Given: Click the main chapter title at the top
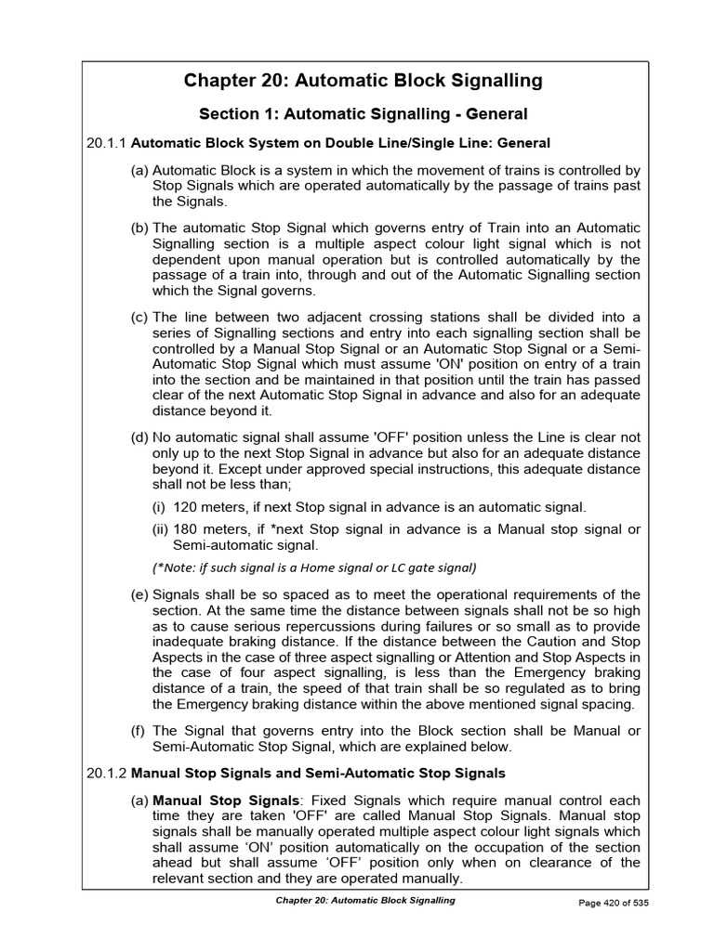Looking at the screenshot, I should pos(363,81).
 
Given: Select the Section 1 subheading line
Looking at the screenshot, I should pos(364,114).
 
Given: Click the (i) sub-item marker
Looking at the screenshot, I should pos(160,507).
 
